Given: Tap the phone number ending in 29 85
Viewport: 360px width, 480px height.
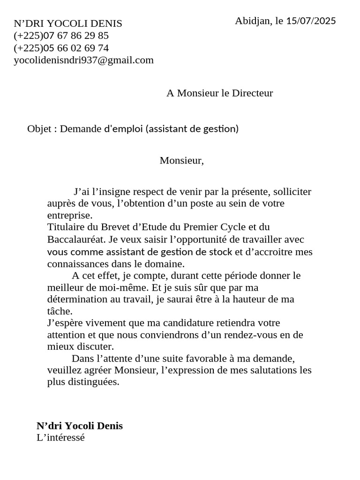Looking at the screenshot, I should [61, 36].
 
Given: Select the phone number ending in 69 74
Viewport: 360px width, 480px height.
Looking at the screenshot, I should [61, 48].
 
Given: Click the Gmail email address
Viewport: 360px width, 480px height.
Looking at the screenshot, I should [84, 60].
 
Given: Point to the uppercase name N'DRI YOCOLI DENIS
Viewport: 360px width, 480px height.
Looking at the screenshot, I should [68, 23].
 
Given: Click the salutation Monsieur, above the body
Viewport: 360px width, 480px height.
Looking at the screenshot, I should [182, 161].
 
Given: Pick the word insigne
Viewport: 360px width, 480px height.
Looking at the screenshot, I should [115, 192].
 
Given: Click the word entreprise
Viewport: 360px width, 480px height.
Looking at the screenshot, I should [70, 216].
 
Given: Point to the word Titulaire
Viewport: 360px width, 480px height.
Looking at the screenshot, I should [66, 227].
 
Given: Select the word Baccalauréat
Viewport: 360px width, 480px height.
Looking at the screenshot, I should [76, 240].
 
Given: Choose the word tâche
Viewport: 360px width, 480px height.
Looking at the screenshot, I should [60, 311].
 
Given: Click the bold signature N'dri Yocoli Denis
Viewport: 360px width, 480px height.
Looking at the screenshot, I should [80, 426].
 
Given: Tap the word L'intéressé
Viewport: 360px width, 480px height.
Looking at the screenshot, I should [60, 438].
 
